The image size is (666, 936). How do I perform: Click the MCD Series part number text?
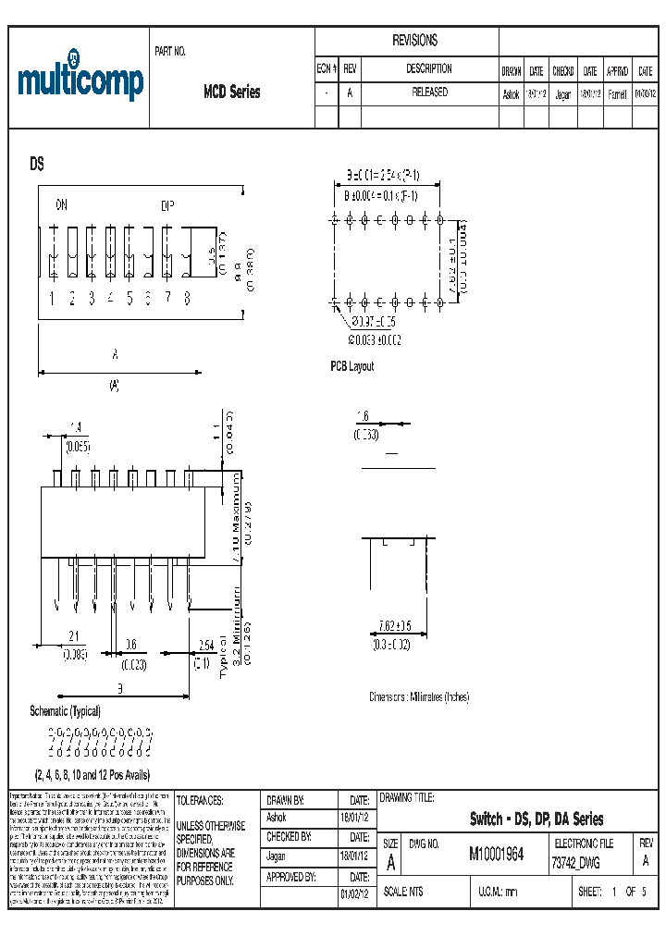click(231, 92)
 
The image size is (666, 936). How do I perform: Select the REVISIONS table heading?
click(415, 41)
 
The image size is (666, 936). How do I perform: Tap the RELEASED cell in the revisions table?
click(429, 92)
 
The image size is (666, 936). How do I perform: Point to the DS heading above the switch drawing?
click(37, 164)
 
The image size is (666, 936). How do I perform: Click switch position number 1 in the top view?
click(53, 298)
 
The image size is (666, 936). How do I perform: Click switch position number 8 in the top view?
click(188, 298)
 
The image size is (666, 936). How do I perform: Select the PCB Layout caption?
click(352, 366)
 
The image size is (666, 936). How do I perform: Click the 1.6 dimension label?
click(364, 417)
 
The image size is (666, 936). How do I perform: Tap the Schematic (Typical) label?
click(65, 710)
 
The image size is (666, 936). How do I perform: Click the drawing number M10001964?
click(496, 855)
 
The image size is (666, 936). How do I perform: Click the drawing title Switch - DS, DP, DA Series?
click(536, 819)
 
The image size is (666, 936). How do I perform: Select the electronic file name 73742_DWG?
click(575, 862)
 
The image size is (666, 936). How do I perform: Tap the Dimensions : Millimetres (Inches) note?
click(419, 696)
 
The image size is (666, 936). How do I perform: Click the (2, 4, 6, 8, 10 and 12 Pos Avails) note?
click(92, 775)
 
